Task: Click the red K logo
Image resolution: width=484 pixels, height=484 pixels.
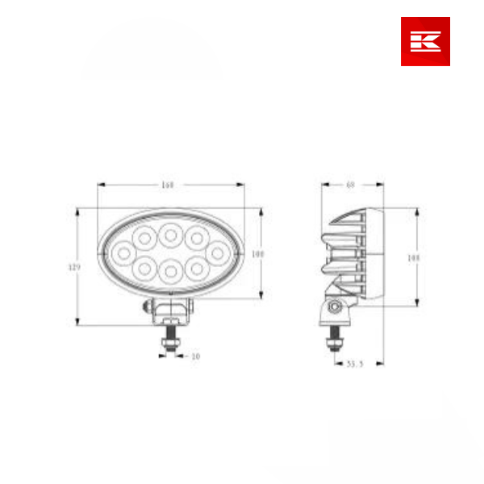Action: [x=425, y=41]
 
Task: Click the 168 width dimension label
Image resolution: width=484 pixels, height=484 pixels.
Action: [x=168, y=186]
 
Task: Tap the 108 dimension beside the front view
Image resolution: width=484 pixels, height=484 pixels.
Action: [x=258, y=253]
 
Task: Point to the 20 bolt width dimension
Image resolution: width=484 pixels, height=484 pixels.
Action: [x=194, y=355]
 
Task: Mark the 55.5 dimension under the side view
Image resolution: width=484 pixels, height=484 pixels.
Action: [x=355, y=365]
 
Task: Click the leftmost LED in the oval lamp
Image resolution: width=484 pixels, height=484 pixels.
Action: [x=124, y=253]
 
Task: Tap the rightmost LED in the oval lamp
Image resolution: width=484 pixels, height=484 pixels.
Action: [x=216, y=253]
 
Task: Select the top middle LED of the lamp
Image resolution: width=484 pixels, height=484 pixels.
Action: [x=169, y=236]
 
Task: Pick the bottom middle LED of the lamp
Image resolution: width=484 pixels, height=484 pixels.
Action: [x=169, y=270]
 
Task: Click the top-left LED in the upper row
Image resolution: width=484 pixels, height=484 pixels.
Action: [x=144, y=239]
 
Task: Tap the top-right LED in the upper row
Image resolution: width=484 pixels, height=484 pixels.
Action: [x=195, y=239]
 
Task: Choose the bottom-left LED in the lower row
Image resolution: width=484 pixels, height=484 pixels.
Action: [x=144, y=267]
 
